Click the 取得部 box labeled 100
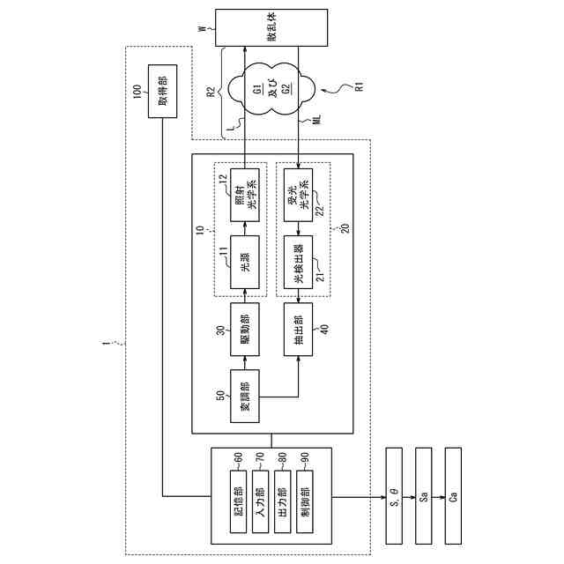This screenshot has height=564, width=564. tap(162, 89)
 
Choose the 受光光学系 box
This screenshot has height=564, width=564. tap(298, 197)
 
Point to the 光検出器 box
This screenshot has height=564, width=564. tap(298, 261)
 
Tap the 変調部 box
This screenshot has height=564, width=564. tap(244, 396)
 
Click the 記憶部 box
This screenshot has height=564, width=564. tap(238, 496)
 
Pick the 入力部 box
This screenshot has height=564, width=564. tap(260, 496)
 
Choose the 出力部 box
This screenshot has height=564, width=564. tap(282, 496)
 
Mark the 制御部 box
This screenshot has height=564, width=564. tap(304, 496)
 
